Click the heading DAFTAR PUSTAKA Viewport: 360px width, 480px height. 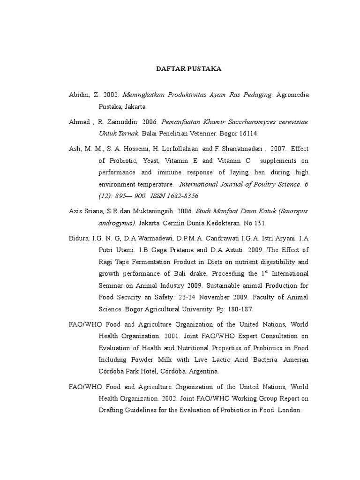188,69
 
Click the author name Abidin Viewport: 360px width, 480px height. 78,95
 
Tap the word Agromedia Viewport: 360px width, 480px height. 292,95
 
